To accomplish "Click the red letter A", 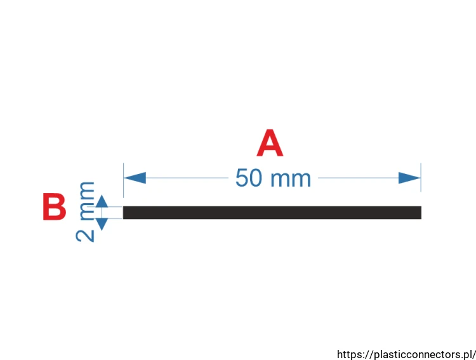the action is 270,143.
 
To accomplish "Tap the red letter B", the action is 55,206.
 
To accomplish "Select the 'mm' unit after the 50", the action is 291,179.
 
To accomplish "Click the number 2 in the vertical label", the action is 85,236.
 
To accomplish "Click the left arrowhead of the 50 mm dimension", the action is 135,178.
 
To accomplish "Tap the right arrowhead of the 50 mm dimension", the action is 409,178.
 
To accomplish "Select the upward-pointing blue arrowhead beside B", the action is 102,201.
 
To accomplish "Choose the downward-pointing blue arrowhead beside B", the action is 102,224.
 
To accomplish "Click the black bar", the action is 272,212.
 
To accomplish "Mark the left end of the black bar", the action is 123,212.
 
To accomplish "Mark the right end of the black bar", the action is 421,212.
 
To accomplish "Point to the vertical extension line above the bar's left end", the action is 123,180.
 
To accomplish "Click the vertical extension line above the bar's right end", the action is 421,177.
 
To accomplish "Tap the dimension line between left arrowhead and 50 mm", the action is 187,178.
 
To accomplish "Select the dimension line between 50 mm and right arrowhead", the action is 358,178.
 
